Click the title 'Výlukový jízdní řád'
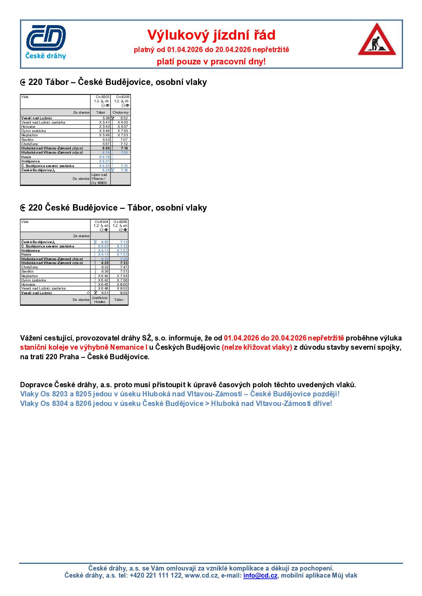(211, 35)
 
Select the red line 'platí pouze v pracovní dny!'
(211, 62)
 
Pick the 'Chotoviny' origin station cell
(121, 113)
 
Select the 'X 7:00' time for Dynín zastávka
(123, 131)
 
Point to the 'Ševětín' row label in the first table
(28, 139)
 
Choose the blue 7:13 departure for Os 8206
(124, 242)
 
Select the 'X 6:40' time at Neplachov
(103, 276)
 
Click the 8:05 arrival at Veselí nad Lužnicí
(124, 293)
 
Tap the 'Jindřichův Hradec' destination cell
(100, 300)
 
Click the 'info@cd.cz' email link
(260, 575)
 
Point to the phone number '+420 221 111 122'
(156, 575)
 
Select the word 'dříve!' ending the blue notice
(321, 403)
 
